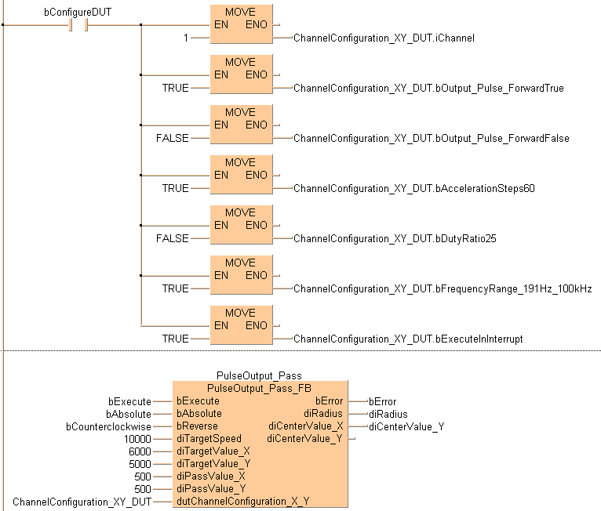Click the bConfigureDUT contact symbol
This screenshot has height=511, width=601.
pyautogui.click(x=78, y=25)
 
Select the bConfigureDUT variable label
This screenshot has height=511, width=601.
pyautogui.click(x=78, y=12)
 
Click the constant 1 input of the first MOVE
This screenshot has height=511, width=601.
pyautogui.click(x=185, y=38)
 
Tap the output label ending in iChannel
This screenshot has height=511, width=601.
pyautogui.click(x=384, y=38)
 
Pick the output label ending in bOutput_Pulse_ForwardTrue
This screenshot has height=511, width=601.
pyautogui.click(x=428, y=88)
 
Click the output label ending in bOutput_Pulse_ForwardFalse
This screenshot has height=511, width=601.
pyautogui.click(x=431, y=138)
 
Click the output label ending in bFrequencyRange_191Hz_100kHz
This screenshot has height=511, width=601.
pyautogui.click(x=443, y=288)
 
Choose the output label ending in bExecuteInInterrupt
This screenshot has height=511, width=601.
pyautogui.click(x=408, y=339)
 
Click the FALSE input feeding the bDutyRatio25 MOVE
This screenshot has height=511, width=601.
pyautogui.click(x=172, y=238)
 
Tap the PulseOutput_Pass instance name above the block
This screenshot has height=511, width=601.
pyautogui.click(x=258, y=376)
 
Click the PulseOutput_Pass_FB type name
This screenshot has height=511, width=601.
pyautogui.click(x=258, y=388)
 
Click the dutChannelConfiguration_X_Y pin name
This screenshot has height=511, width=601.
pyautogui.click(x=243, y=501)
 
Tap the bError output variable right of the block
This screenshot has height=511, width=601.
pyautogui.click(x=382, y=401)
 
